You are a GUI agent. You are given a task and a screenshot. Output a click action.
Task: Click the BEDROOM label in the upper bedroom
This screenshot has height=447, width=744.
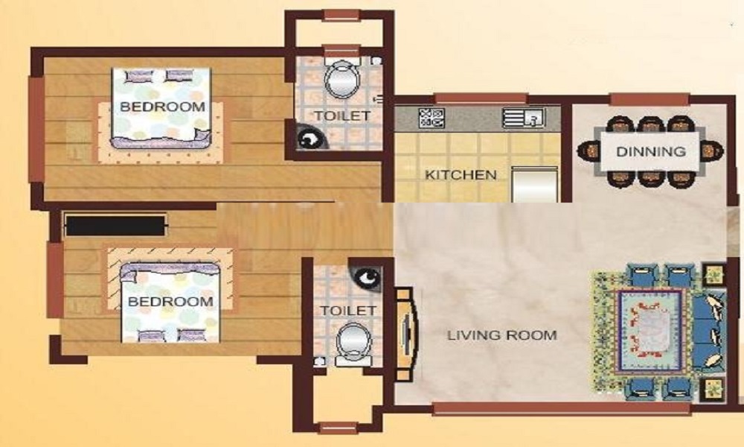(x=162, y=107)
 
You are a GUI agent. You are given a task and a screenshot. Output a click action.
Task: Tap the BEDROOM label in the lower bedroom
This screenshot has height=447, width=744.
(x=170, y=302)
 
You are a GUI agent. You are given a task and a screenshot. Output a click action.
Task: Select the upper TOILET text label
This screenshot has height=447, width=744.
(x=341, y=116)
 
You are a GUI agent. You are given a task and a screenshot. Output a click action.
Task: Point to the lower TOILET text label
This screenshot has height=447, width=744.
(x=344, y=310)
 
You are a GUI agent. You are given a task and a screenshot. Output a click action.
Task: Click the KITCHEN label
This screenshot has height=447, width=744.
(x=461, y=176)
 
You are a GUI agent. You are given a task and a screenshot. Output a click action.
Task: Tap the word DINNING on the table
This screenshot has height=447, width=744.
(x=650, y=151)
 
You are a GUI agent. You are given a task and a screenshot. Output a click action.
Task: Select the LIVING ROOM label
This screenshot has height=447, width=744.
(x=501, y=335)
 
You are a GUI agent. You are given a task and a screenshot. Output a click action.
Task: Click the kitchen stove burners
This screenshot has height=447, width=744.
(x=432, y=117)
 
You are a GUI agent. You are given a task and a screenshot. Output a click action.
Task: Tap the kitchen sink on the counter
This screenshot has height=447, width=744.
(x=525, y=117)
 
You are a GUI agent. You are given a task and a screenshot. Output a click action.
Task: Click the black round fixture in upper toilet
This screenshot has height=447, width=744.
(x=307, y=139)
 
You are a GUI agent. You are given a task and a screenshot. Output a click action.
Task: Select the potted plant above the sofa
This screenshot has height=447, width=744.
(x=713, y=273)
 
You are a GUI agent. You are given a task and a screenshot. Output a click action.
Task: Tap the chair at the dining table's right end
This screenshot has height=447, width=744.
(x=712, y=150)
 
